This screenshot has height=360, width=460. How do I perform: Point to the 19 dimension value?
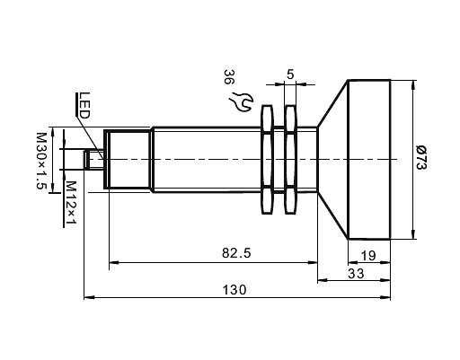pyautogui.click(x=368, y=255)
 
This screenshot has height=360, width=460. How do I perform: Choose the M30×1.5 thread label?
pyautogui.click(x=40, y=161)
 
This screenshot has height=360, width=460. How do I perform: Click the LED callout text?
pyautogui.click(x=83, y=105)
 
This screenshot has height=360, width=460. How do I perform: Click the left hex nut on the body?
pyautogui.click(x=266, y=161)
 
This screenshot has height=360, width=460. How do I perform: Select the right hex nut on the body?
pyautogui.click(x=289, y=161)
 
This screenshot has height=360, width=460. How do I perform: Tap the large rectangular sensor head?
pyautogui.click(x=368, y=161)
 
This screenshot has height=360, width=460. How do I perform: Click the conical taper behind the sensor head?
pyautogui.click(x=332, y=161)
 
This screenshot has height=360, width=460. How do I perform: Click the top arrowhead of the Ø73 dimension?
pyautogui.click(x=413, y=86)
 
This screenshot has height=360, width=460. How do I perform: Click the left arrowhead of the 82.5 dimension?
pyautogui.click(x=112, y=264)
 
